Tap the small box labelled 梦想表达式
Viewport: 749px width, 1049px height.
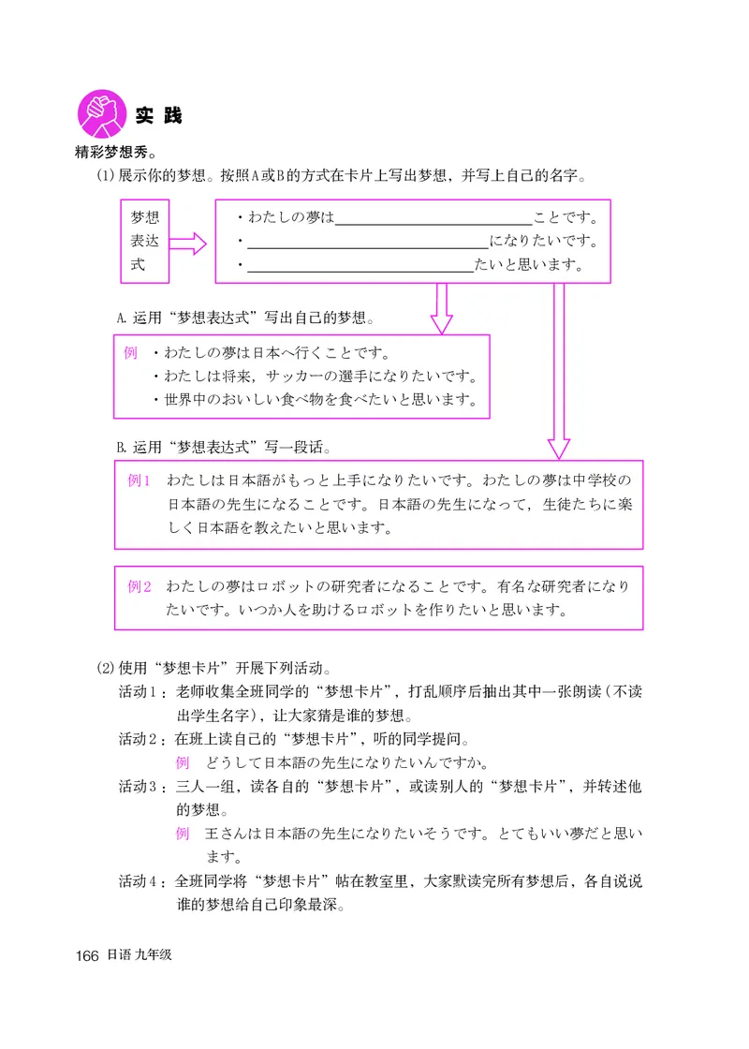click(145, 242)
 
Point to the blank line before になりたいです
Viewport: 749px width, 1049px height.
click(366, 244)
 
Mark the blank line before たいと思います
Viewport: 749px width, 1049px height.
click(360, 266)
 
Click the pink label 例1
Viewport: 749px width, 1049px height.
click(140, 481)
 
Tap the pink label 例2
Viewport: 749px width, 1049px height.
click(140, 587)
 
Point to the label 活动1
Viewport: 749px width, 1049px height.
click(141, 692)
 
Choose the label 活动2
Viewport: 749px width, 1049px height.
click(141, 737)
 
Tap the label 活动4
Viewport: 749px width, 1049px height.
click(141, 881)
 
